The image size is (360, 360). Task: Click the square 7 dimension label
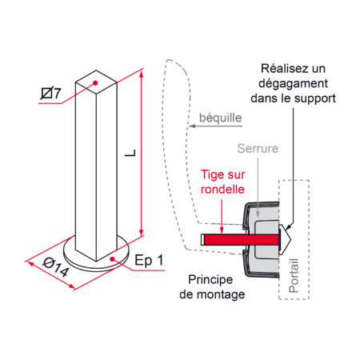pyautogui.click(x=50, y=93)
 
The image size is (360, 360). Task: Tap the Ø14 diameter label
pyautogui.click(x=56, y=267)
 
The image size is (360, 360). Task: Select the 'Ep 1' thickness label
pyautogui.click(x=149, y=261)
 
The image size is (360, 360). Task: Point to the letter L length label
pyautogui.click(x=130, y=153)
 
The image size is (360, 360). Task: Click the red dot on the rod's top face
pyautogui.click(x=95, y=82)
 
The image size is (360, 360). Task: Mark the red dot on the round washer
pyautogui.click(x=113, y=258)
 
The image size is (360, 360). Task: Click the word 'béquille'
pyautogui.click(x=221, y=118)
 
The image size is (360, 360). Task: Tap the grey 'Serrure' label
pyautogui.click(x=258, y=149)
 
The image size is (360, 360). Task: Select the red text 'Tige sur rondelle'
pyautogui.click(x=222, y=182)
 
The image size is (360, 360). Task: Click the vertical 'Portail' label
pyautogui.click(x=294, y=275)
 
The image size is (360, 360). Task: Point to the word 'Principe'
pyautogui.click(x=210, y=280)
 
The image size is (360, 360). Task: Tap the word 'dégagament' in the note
pyautogui.click(x=294, y=83)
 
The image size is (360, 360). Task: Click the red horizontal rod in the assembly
pyautogui.click(x=241, y=240)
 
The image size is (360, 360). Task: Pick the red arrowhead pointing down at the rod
pyautogui.click(x=222, y=230)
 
